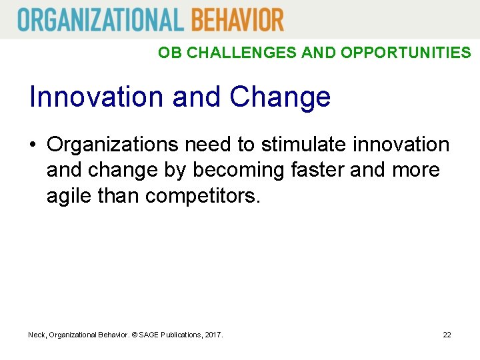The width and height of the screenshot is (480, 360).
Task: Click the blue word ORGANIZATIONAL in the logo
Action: (100, 19)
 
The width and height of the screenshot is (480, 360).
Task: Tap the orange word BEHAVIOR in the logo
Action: (237, 19)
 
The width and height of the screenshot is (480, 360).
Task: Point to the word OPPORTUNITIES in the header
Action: (405, 53)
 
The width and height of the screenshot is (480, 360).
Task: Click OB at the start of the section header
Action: (170, 53)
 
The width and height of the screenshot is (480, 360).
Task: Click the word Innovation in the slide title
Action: (97, 97)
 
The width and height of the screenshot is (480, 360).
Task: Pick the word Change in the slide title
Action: (280, 97)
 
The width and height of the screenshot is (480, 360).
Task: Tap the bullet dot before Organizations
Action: (34, 145)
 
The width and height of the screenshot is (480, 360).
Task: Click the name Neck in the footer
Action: (37, 334)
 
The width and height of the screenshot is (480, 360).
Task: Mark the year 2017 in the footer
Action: (213, 334)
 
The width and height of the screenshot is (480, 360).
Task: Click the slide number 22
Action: (447, 334)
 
